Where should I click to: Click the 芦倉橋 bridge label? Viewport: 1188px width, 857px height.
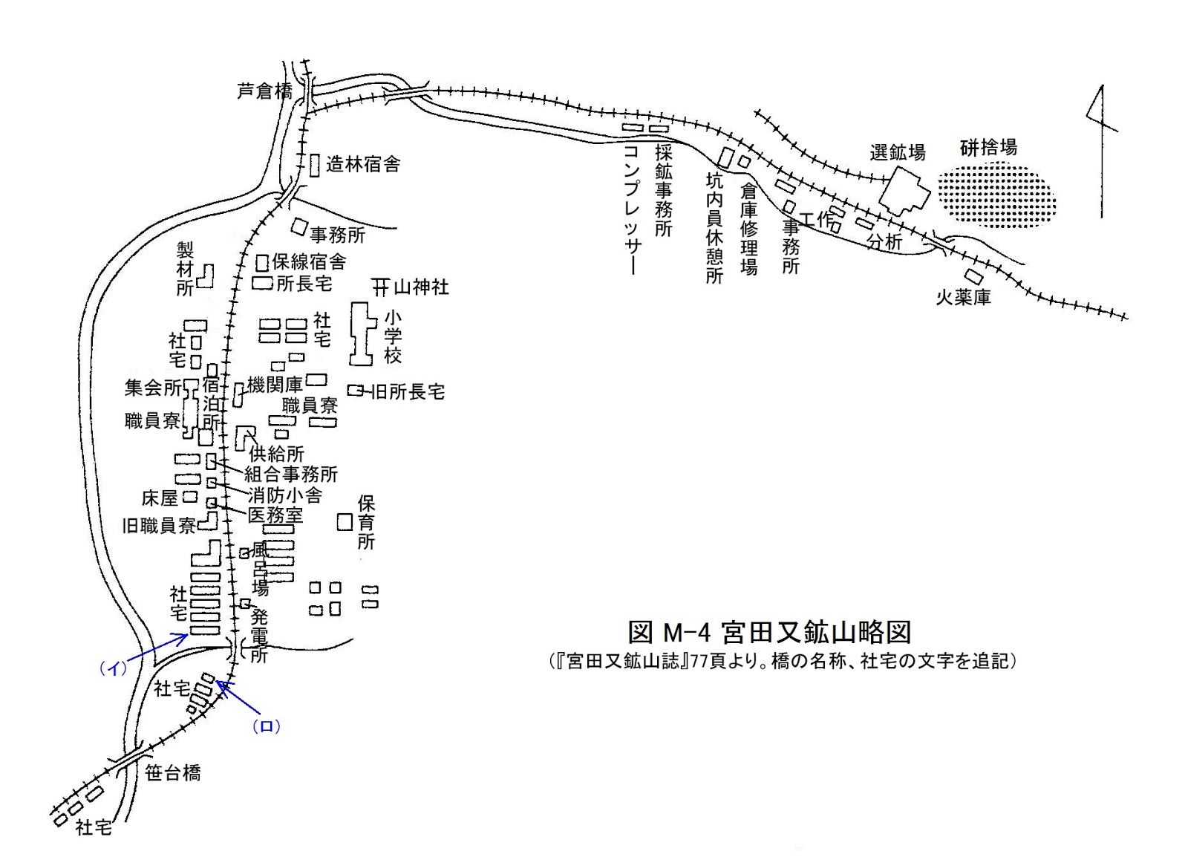point(264,91)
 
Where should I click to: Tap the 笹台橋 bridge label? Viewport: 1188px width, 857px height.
point(172,773)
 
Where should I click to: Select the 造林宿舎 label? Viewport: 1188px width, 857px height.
point(363,164)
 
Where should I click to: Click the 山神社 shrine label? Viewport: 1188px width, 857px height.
point(421,287)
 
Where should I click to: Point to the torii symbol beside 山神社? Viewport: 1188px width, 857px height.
point(381,287)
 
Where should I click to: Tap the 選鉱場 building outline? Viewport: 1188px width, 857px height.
point(904,191)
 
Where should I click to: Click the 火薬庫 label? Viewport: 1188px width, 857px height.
point(963,299)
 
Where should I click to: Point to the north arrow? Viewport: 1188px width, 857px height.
point(1099,149)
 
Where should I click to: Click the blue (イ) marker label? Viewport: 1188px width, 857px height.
point(114,668)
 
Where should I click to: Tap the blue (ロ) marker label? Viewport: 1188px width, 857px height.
point(266,726)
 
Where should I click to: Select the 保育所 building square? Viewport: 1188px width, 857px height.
point(344,521)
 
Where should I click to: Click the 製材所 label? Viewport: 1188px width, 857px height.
point(184,268)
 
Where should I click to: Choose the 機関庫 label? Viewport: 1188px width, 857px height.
point(275,385)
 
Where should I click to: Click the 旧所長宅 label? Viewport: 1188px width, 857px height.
point(407,391)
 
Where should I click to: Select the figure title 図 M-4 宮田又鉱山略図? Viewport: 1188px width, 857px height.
point(769,632)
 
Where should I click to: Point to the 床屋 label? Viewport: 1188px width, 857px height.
point(160,498)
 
